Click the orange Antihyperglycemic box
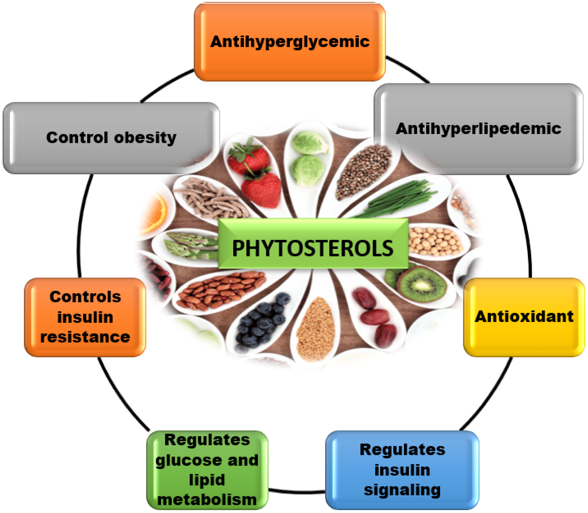(290, 42)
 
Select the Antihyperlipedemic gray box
(478, 129)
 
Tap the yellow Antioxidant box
(524, 317)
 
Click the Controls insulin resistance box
(85, 317)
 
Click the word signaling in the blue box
(402, 490)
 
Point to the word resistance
(85, 337)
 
